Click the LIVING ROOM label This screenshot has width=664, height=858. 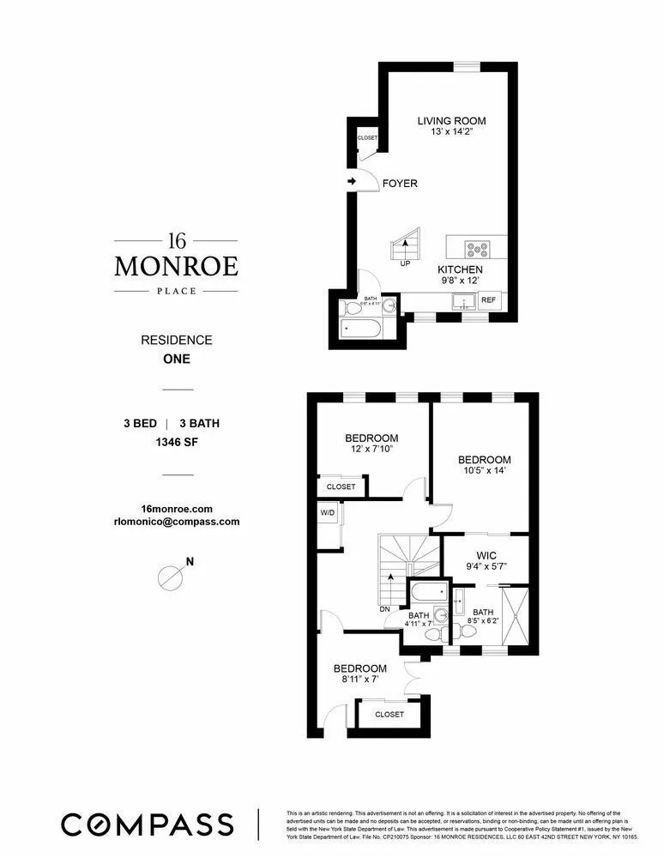coord(447,120)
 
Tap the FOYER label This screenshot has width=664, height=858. coord(400,184)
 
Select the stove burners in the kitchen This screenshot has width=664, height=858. coord(477,250)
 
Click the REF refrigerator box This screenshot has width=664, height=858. coord(489,300)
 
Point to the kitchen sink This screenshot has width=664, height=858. coord(463,301)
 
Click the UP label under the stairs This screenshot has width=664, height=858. coord(404,264)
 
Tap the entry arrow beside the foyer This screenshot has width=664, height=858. coord(353,182)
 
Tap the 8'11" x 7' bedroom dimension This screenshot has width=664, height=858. coord(359,680)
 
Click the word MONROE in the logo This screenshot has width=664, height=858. coord(176,266)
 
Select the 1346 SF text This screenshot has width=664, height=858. coord(176,444)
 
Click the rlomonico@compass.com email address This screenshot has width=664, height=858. coord(176,521)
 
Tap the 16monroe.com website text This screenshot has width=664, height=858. coord(176,508)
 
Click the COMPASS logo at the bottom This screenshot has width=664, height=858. coord(147,824)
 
